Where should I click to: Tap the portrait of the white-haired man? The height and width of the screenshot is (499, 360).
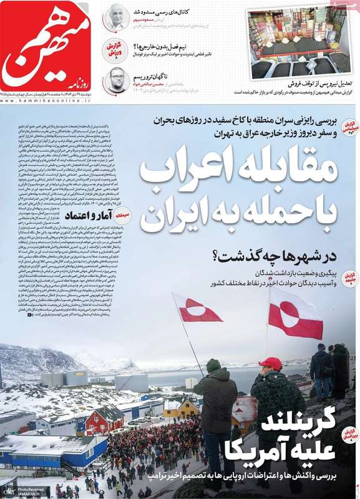coord(115,17)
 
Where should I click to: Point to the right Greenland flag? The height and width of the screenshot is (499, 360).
coord(294,312)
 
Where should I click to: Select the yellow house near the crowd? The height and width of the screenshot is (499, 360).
coord(182,406)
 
